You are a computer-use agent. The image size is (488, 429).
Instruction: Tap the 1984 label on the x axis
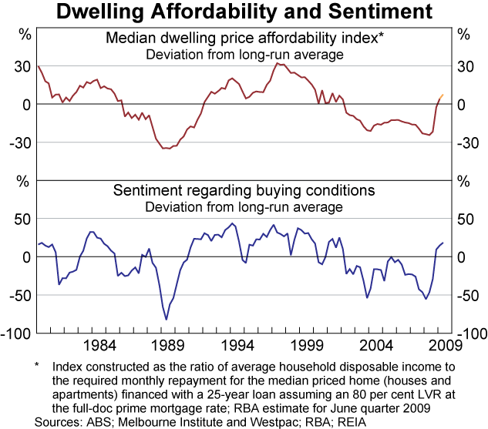[99, 344]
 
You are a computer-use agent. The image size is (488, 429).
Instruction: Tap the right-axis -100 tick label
[472, 333]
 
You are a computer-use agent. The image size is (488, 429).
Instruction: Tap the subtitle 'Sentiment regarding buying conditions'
[244, 191]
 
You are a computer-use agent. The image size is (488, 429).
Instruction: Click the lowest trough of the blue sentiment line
[166, 319]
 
